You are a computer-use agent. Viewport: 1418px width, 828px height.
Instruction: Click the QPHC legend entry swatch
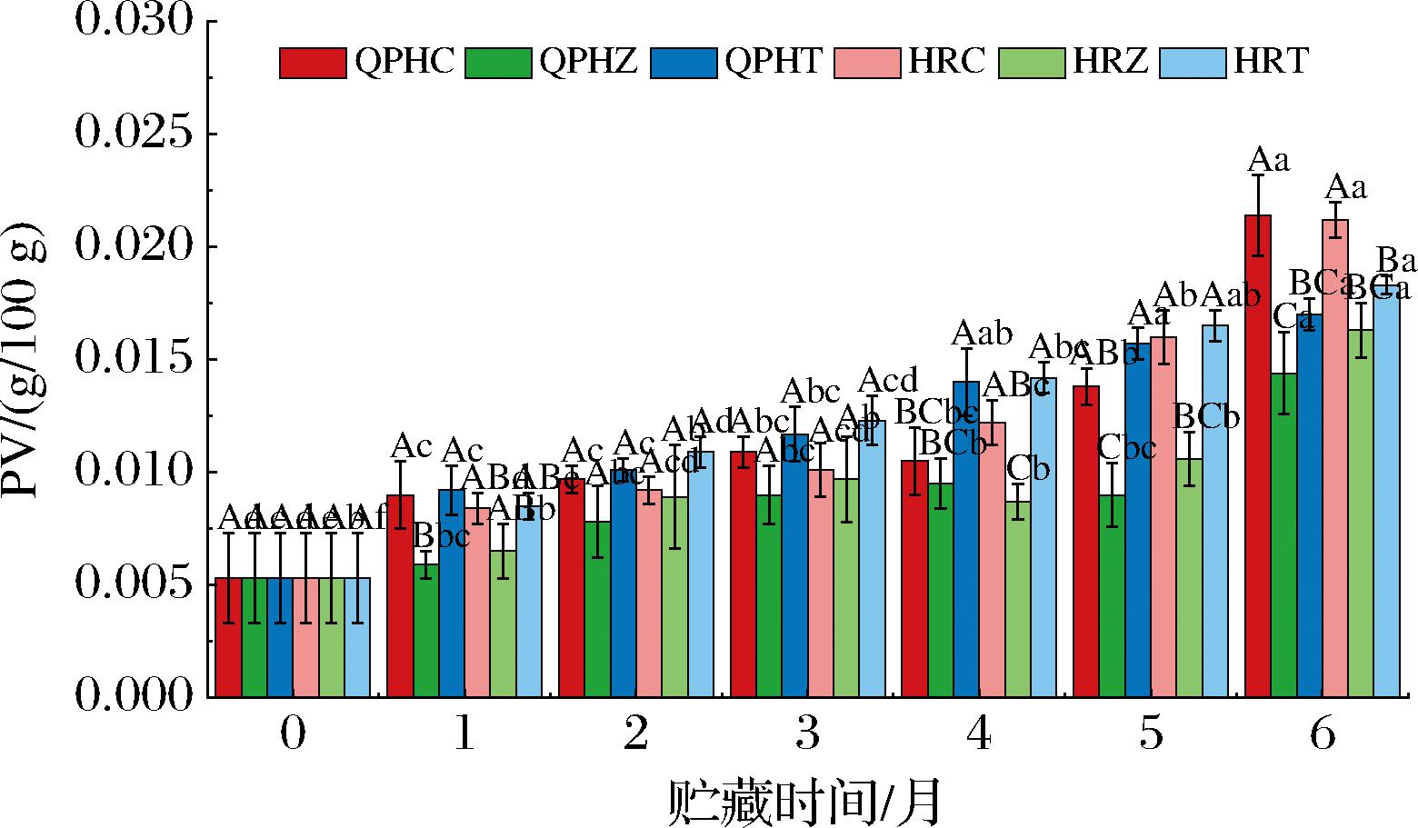(313, 62)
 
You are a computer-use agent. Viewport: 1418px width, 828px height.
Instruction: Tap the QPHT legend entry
(773, 62)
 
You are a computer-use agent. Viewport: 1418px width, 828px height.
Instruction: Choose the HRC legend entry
(945, 62)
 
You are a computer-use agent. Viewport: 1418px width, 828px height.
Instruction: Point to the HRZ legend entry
(1110, 62)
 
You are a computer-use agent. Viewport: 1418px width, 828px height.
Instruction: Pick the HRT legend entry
(1270, 62)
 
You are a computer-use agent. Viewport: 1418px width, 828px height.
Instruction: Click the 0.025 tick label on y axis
(135, 135)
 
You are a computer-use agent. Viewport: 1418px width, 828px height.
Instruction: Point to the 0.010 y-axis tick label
(135, 473)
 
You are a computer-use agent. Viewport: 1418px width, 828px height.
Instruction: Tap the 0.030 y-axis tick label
(135, 22)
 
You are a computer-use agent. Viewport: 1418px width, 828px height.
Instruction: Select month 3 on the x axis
(807, 733)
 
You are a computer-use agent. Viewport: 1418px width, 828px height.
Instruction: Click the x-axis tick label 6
(1323, 733)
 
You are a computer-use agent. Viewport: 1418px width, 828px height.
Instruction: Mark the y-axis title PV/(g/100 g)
(25, 359)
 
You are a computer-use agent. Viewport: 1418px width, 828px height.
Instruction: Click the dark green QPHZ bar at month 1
(425, 631)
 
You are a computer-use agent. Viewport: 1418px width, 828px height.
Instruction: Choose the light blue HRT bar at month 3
(872, 559)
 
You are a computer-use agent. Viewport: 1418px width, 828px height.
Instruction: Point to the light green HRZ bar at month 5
(1189, 578)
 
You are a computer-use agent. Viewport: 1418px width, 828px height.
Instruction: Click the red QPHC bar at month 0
(228, 637)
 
